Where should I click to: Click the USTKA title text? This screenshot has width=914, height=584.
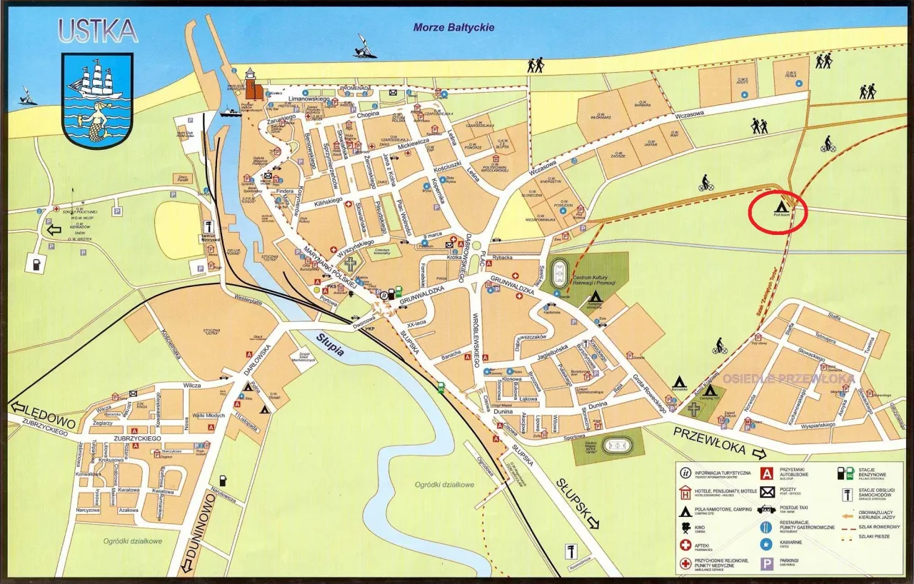(98, 31)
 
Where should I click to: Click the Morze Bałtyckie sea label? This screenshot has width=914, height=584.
(453, 28)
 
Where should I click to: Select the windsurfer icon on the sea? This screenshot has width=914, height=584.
(366, 47)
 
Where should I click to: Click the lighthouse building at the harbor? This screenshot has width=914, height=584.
(251, 86)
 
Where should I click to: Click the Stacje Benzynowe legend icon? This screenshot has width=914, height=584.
(844, 473)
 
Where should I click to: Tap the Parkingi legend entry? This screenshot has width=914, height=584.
(790, 564)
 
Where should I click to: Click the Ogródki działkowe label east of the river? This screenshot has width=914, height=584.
(445, 485)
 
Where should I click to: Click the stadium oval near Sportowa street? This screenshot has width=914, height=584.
(618, 445)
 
